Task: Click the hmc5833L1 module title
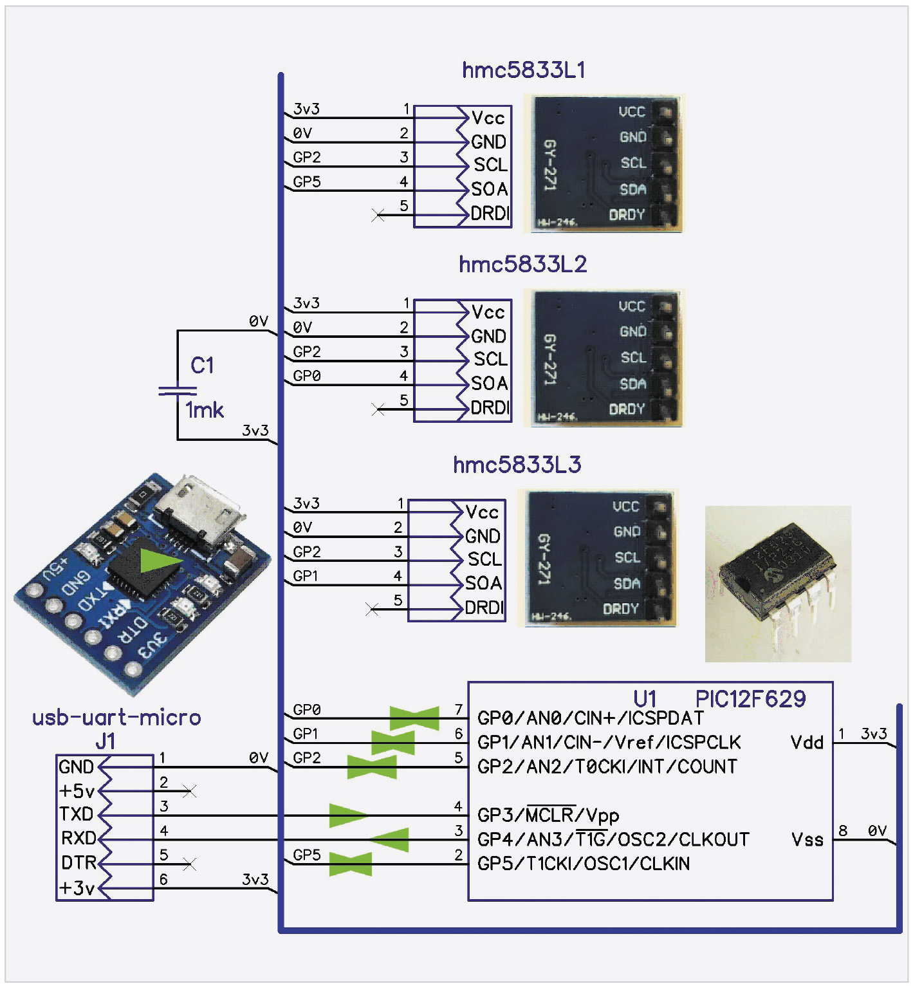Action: pyautogui.click(x=524, y=70)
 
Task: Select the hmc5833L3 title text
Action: pyautogui.click(x=517, y=465)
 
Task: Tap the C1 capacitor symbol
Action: pyautogui.click(x=178, y=390)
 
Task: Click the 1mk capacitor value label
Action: pyautogui.click(x=205, y=410)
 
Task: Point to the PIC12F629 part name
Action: pyautogui.click(x=750, y=699)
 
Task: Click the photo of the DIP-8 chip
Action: pyautogui.click(x=779, y=583)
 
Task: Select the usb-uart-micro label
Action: pyautogui.click(x=116, y=718)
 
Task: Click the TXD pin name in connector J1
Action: pyautogui.click(x=77, y=814)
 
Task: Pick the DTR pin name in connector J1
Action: pyautogui.click(x=78, y=862)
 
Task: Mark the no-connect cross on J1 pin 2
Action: pyautogui.click(x=189, y=791)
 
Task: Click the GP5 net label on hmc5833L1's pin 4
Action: pyautogui.click(x=307, y=182)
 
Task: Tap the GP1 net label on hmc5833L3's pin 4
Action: pyautogui.click(x=306, y=576)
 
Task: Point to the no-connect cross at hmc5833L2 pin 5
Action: pyautogui.click(x=378, y=409)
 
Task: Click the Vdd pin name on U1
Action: pyautogui.click(x=807, y=743)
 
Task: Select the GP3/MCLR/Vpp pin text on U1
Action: pyautogui.click(x=548, y=815)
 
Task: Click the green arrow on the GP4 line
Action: pyautogui.click(x=390, y=839)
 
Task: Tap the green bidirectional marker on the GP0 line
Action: pyautogui.click(x=414, y=718)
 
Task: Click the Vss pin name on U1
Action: pyautogui.click(x=807, y=839)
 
